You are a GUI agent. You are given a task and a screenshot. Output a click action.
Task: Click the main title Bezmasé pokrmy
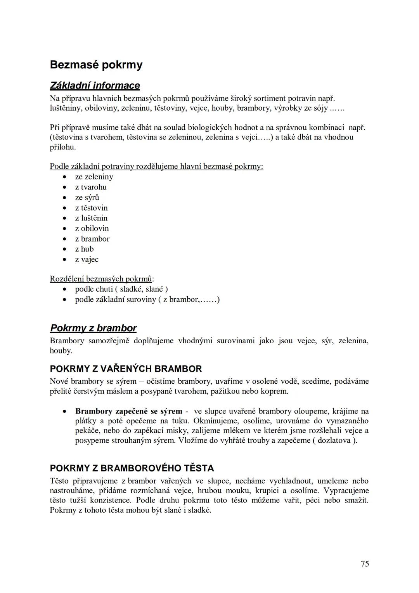click(96, 64)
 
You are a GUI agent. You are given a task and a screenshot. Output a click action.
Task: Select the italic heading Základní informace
click(95, 85)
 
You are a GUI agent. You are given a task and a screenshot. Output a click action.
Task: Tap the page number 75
click(364, 563)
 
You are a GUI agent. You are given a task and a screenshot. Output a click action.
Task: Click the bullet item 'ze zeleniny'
click(94, 177)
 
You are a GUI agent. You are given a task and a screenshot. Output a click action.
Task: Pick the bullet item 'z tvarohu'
click(91, 187)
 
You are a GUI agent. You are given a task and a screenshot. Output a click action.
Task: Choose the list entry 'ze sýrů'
click(87, 197)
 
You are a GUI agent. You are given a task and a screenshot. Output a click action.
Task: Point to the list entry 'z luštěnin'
click(91, 218)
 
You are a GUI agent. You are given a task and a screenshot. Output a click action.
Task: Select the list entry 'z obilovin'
click(92, 228)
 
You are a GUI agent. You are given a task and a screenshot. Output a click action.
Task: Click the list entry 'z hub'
click(84, 249)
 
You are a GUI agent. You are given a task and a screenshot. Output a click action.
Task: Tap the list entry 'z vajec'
click(87, 259)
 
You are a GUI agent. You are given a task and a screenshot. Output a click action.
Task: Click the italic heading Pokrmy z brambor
click(93, 328)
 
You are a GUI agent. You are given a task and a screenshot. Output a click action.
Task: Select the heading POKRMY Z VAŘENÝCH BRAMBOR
click(126, 369)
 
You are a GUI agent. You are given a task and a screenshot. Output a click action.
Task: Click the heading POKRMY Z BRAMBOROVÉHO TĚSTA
click(132, 468)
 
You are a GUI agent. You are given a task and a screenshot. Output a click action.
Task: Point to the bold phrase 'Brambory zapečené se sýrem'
click(128, 411)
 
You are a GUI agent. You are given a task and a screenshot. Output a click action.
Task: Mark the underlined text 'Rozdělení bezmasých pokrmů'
click(101, 279)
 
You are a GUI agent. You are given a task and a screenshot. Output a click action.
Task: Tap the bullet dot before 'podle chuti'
click(65, 289)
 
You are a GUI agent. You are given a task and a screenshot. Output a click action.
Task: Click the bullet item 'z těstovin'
click(91, 208)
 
